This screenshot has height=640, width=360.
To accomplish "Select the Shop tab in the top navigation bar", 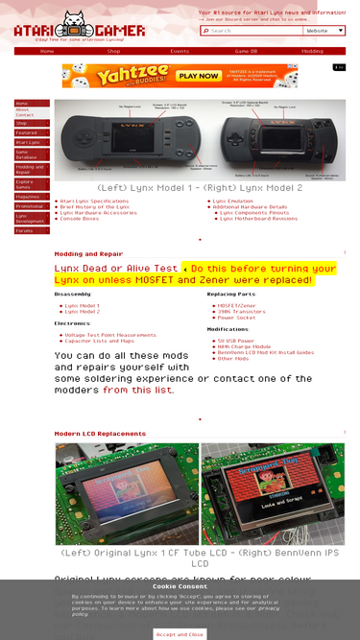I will (x=113, y=51).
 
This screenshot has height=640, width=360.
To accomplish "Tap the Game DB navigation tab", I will (x=246, y=51).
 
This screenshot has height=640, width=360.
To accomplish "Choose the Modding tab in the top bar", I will (x=312, y=51).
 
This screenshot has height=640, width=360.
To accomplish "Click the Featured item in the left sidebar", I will (x=26, y=132).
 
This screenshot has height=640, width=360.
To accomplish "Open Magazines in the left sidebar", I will (x=28, y=196).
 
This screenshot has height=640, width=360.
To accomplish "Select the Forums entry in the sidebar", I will (x=24, y=230).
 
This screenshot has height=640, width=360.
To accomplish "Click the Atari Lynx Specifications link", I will (x=94, y=201).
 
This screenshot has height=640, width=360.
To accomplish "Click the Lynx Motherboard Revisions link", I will (x=258, y=219).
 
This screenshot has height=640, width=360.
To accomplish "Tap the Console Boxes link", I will (x=79, y=219).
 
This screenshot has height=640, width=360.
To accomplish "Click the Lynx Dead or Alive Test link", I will (x=115, y=269).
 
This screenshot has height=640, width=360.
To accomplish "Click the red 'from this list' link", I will (x=139, y=391).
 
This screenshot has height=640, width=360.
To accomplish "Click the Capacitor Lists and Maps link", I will (x=99, y=341).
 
